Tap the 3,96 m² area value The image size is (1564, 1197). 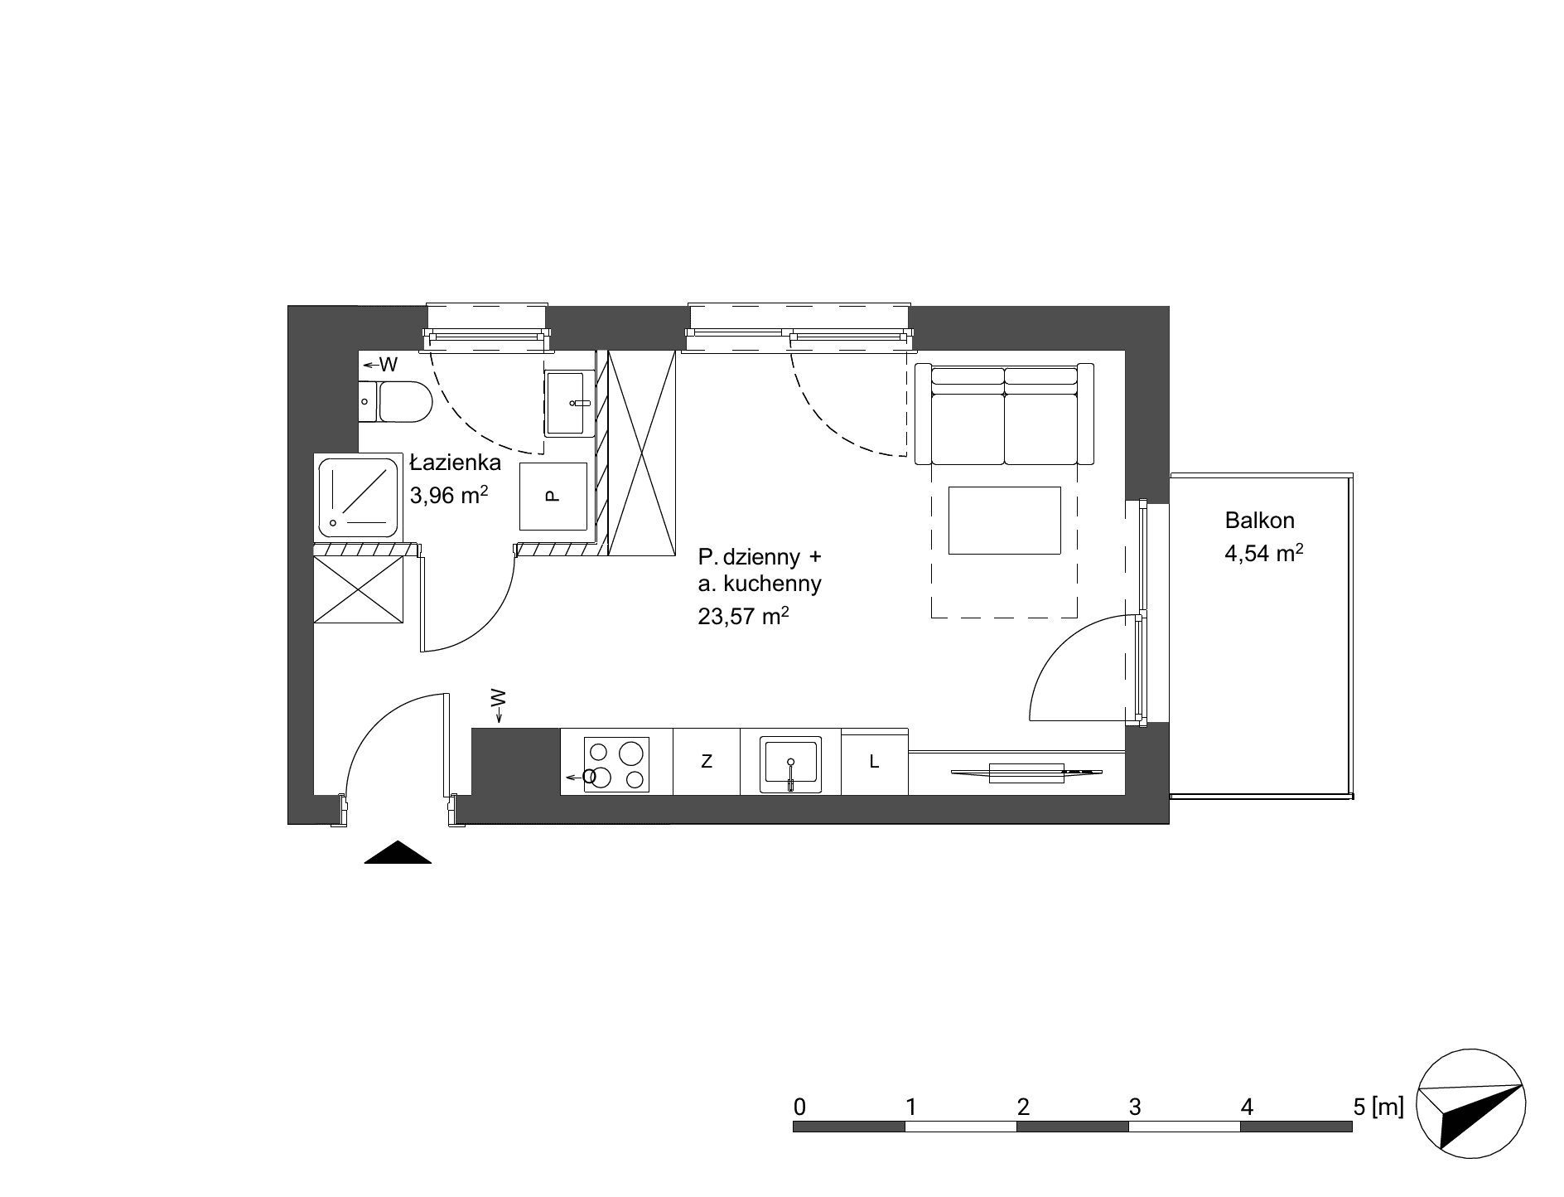[x=449, y=495]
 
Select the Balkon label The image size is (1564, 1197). [x=1259, y=521]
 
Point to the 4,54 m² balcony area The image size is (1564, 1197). [x=1264, y=552]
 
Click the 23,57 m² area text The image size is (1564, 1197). [x=743, y=615]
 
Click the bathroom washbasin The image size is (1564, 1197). [x=570, y=404]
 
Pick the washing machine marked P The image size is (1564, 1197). [x=553, y=497]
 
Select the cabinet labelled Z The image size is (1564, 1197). [x=707, y=761]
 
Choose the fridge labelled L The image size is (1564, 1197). [x=875, y=761]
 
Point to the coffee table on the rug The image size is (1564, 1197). [x=1004, y=520]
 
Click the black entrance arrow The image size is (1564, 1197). [x=398, y=852]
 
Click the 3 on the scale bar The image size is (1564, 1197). [x=1135, y=1107]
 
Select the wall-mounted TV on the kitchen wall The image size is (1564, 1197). [x=1027, y=773]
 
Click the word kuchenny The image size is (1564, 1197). [x=771, y=584]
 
